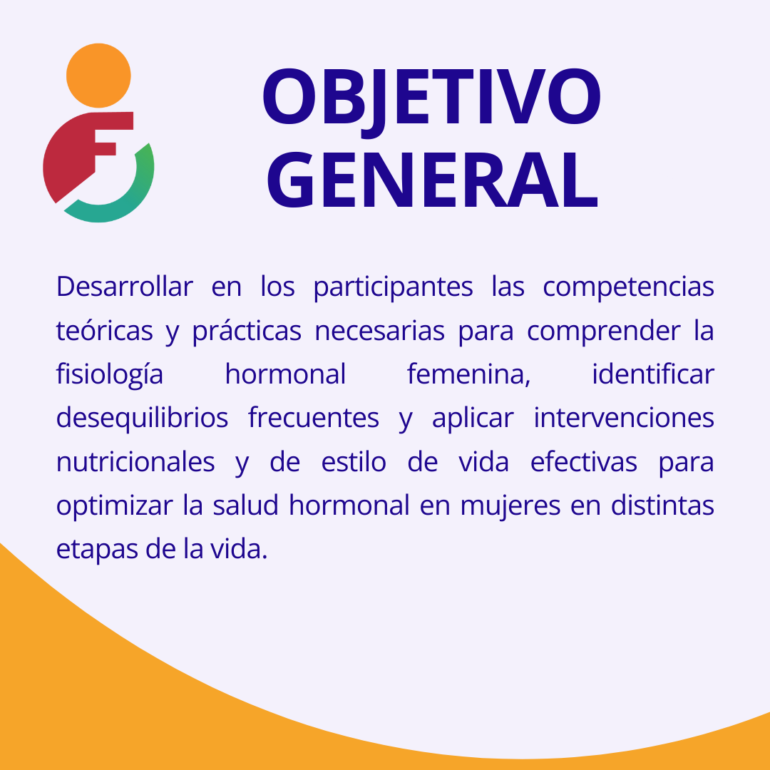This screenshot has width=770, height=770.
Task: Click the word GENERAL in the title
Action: [432, 180]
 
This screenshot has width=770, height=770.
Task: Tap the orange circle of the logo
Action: [98, 76]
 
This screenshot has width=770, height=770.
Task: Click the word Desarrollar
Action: [125, 287]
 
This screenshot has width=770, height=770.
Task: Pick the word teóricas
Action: [105, 331]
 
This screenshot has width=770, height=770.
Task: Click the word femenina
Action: [469, 375]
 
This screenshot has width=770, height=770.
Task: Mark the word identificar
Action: [653, 374]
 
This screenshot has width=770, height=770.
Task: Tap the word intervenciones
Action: [624, 418]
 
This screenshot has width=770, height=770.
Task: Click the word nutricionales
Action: [135, 461]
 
